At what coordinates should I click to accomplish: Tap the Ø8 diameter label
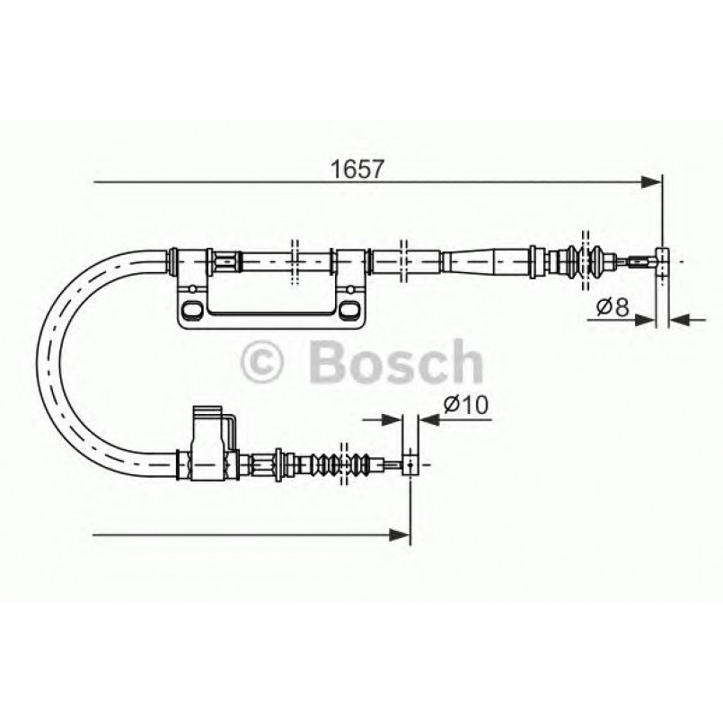613,308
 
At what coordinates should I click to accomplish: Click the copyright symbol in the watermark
263,363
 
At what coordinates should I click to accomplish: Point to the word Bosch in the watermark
394,362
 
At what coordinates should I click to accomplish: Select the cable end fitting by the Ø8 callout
663,262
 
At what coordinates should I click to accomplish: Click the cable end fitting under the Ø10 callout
410,465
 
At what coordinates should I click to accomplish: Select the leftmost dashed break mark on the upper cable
294,261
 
